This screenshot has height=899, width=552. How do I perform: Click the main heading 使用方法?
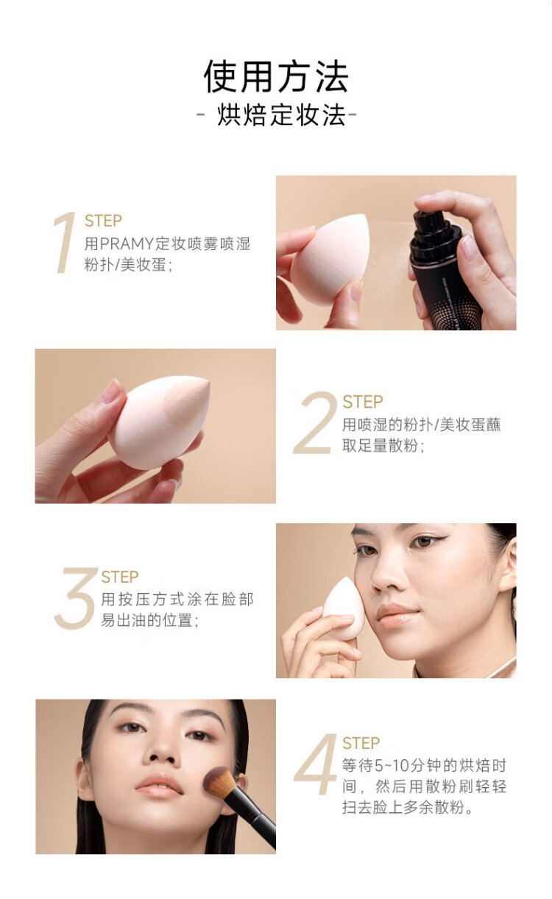coord(276,77)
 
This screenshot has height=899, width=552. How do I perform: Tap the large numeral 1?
coord(66,243)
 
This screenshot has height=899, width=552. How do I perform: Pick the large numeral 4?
coord(315,764)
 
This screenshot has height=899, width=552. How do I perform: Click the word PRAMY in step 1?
coord(127,244)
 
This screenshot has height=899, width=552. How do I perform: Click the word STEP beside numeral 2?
coord(363,402)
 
